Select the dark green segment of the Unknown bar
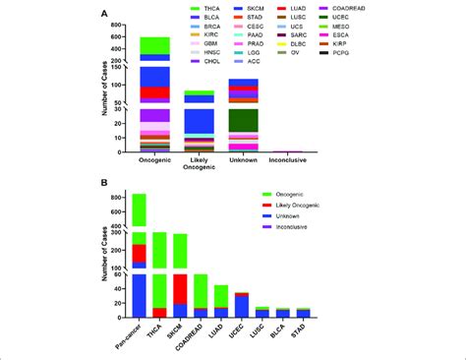[243, 120]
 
